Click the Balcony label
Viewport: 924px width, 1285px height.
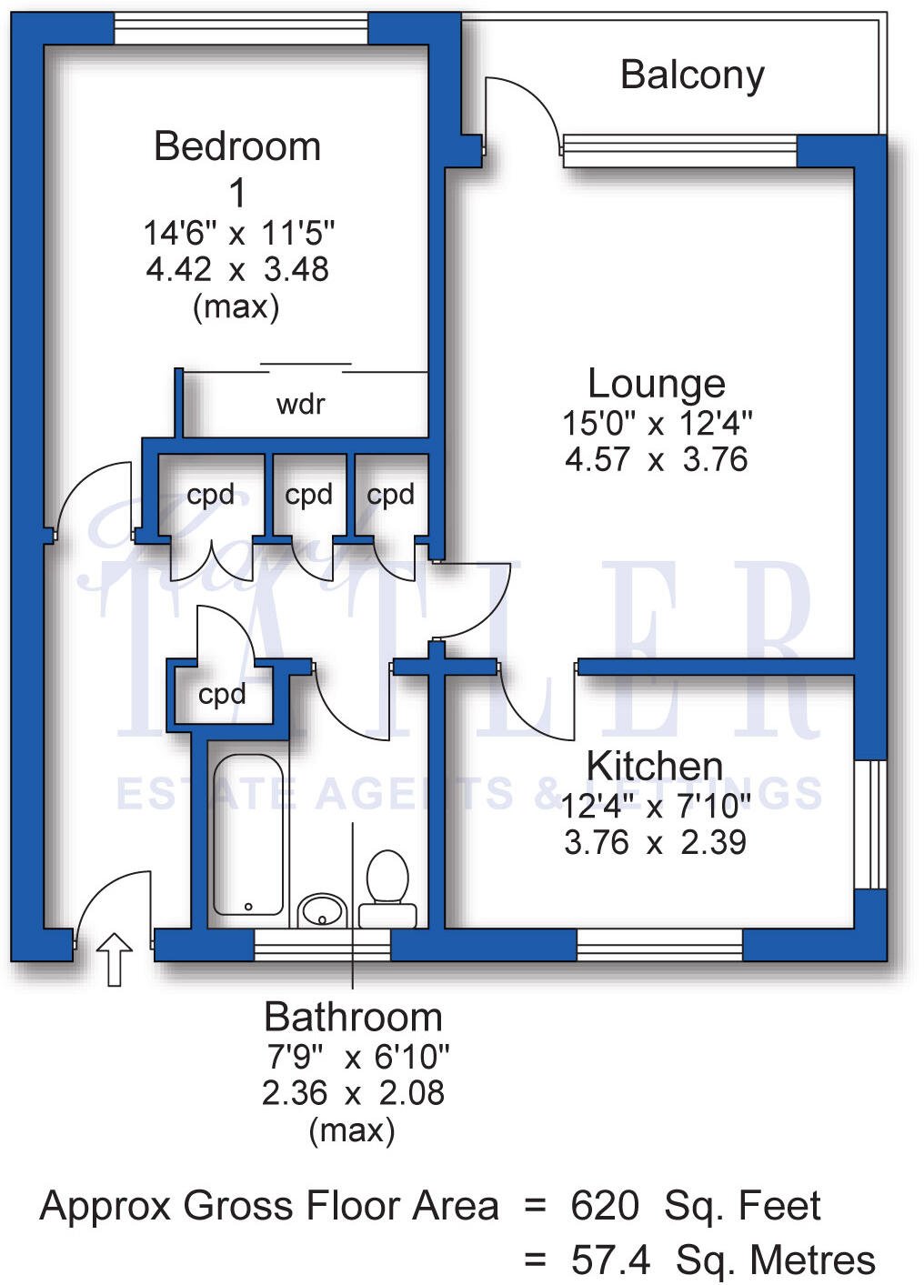pos(692,75)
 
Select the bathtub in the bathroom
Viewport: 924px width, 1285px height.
pos(247,833)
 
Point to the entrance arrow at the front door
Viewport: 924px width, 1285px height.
pos(115,959)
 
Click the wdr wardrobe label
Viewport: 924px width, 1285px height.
pos(300,404)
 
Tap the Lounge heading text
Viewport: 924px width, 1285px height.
pos(656,383)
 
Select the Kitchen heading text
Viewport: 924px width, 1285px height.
pos(654,766)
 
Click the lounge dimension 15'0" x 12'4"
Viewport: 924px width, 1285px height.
pos(657,423)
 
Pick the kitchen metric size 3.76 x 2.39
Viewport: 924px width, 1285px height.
pos(655,843)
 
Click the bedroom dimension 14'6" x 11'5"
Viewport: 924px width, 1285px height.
pos(238,233)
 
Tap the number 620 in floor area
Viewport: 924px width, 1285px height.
pos(604,1206)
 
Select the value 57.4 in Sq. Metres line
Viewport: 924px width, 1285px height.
pos(610,1260)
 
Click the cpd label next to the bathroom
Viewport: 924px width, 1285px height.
pos(222,695)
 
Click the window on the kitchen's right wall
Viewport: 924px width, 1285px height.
pos(870,824)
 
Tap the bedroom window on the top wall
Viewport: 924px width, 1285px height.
pos(241,29)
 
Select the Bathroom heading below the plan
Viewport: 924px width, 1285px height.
pos(353,1017)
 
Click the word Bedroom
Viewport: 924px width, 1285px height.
pos(237,146)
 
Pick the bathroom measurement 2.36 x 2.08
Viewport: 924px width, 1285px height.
pos(353,1092)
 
